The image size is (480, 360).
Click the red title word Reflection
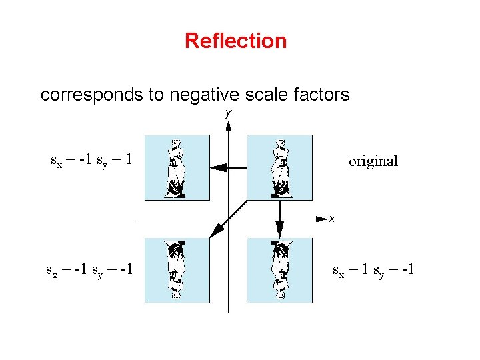coord(235,41)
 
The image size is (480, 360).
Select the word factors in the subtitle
coord(322,95)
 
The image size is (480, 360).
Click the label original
coord(373,161)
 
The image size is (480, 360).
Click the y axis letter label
coord(228,114)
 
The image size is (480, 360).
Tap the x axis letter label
coord(331,219)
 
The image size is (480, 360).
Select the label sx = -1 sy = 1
coord(91,160)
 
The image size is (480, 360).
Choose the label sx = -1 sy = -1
coord(89,270)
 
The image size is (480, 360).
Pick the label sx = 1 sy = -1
coord(373,270)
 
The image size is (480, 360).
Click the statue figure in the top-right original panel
coord(281,168)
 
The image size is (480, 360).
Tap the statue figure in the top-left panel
coord(176,168)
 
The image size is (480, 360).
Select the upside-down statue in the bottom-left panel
coord(176,269)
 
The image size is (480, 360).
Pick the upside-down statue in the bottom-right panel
coord(281,269)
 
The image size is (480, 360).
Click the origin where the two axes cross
coord(228,218)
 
